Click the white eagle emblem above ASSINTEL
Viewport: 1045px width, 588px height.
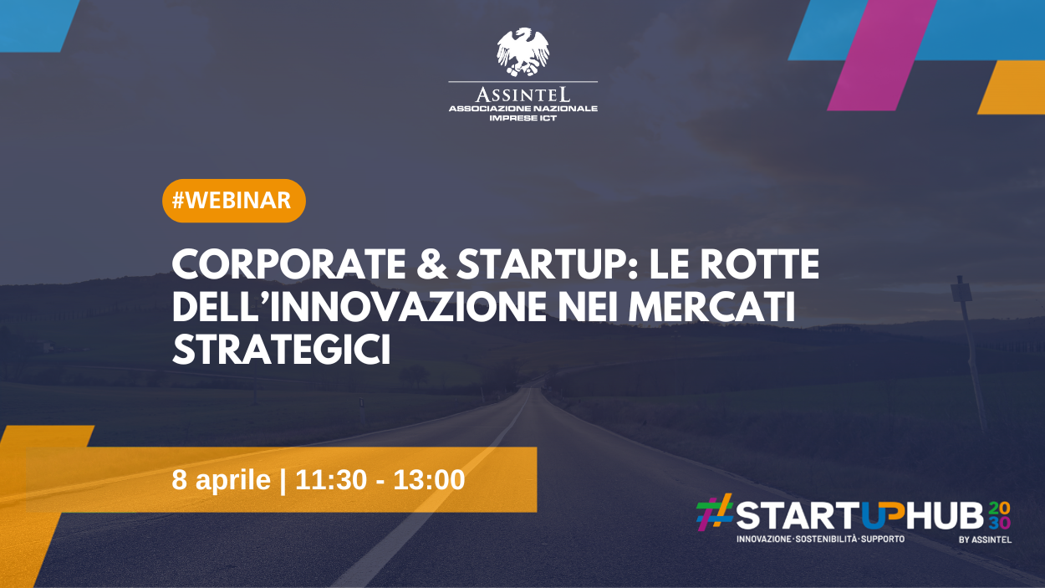pos(523,51)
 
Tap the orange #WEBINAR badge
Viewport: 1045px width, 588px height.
pos(234,201)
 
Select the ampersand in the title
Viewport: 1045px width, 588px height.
pos(431,264)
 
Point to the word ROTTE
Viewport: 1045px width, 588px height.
pos(759,264)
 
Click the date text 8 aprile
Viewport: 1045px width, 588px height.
pos(222,480)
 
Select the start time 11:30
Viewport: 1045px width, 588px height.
pos(331,480)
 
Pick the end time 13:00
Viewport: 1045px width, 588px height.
pos(429,480)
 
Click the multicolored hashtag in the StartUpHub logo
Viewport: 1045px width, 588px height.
pos(715,513)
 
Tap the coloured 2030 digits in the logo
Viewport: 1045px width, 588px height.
pos(999,516)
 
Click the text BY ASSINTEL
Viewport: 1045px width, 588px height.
pos(986,539)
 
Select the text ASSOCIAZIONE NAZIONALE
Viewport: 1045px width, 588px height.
pos(523,109)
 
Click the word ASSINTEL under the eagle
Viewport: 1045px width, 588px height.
pos(523,95)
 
